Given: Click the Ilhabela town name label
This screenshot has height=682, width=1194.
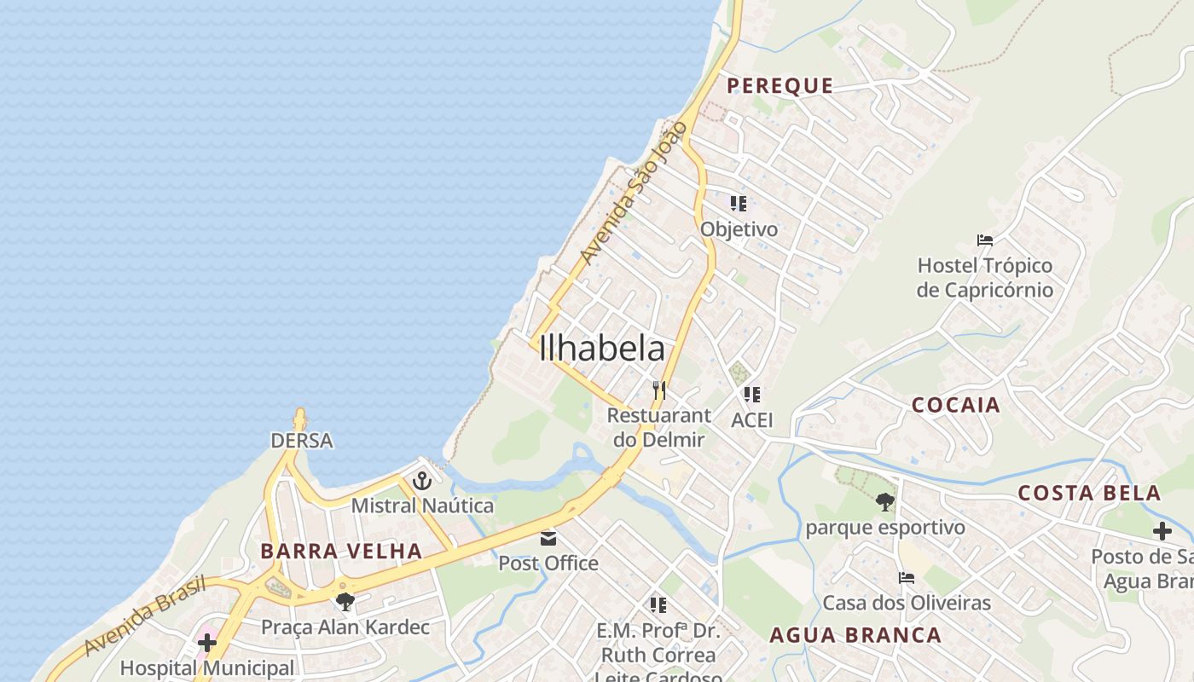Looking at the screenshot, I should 602,349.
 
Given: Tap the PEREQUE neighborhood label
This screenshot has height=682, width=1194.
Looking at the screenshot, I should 780,85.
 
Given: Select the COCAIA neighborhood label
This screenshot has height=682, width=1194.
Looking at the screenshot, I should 956,405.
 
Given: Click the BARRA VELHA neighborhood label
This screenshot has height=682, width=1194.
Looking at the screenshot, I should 341,551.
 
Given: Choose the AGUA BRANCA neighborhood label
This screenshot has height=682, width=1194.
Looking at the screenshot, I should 855,635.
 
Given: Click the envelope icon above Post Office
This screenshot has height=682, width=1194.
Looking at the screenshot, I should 548,539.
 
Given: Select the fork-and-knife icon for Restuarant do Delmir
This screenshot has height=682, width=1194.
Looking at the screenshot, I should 658,390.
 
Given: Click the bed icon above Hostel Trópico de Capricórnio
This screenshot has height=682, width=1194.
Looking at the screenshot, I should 984,240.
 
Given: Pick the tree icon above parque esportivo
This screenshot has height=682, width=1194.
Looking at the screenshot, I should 884,502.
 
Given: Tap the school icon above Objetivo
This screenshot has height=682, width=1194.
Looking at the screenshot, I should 739,204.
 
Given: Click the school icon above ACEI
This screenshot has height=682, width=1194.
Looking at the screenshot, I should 751,395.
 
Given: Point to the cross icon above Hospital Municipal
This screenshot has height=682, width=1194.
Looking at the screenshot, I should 206,642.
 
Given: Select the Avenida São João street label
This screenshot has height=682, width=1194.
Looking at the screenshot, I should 632,193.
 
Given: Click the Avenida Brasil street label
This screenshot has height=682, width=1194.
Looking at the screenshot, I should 146,616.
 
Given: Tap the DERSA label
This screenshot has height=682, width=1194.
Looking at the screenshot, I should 301,441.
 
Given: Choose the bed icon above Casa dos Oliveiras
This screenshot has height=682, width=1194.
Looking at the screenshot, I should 906,578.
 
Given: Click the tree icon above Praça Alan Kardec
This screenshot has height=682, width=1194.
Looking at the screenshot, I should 345,602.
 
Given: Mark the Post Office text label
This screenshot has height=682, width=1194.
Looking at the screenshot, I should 548,564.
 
